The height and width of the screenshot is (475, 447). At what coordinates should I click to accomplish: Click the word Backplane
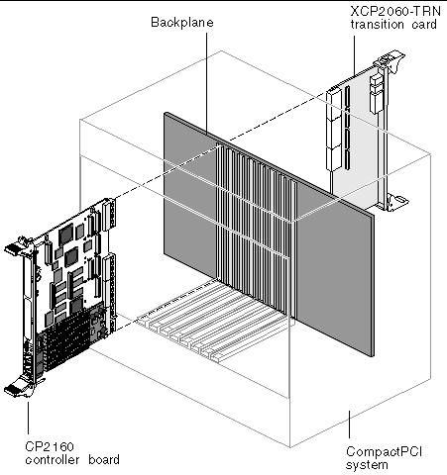(x=182, y=23)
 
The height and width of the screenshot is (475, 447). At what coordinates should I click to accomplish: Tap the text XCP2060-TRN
(x=395, y=12)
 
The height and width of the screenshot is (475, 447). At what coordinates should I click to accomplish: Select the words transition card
(x=393, y=25)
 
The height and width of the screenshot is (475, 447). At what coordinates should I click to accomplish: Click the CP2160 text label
(x=50, y=446)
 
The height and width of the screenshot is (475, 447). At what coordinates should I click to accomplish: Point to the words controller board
(x=72, y=460)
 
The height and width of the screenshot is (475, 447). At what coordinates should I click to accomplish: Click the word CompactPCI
(x=384, y=451)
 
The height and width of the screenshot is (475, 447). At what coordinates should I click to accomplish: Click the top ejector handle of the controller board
(x=17, y=246)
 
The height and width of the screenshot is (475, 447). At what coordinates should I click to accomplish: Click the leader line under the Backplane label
(x=207, y=83)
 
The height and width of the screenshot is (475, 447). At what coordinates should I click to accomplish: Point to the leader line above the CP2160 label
(x=28, y=418)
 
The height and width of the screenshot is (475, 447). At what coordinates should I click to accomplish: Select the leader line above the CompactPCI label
(x=349, y=425)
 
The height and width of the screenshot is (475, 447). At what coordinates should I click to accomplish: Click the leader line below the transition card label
(x=354, y=56)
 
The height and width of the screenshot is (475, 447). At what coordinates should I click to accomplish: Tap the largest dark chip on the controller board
(x=66, y=235)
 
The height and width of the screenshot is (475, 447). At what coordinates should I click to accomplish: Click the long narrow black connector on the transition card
(x=347, y=128)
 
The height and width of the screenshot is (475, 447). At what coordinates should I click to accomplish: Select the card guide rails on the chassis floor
(x=211, y=320)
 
